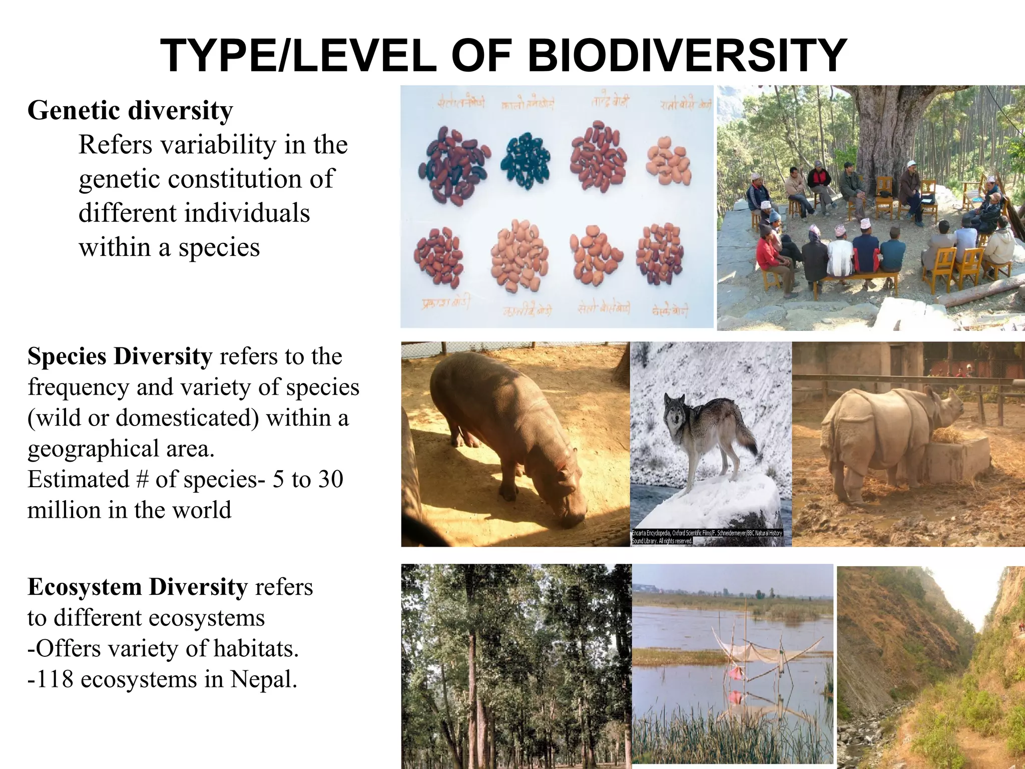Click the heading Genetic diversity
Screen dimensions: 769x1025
pyautogui.click(x=130, y=110)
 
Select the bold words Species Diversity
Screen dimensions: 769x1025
pyautogui.click(x=120, y=356)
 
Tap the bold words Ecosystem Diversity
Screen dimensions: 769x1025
pyautogui.click(x=138, y=587)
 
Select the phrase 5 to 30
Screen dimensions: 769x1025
pyautogui.click(x=308, y=479)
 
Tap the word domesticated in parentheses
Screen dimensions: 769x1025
pyautogui.click(x=188, y=418)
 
